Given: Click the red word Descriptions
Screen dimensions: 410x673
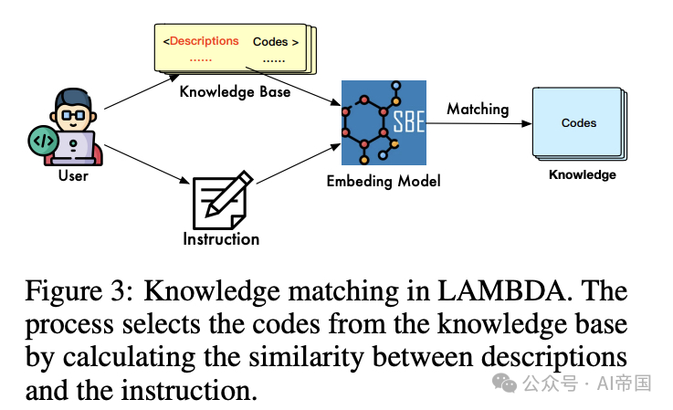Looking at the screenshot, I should tap(204, 41).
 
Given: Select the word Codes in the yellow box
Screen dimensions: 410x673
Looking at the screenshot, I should tap(269, 41).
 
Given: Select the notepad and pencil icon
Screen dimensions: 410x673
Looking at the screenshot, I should tap(221, 197).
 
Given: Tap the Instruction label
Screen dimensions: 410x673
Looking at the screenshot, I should tap(221, 239).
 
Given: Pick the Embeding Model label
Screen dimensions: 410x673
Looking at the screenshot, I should tap(384, 181).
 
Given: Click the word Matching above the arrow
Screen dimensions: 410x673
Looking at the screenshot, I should tap(478, 109).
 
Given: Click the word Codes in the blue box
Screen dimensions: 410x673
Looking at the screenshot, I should tap(579, 122).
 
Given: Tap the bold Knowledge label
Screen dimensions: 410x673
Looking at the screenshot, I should tap(582, 174).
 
